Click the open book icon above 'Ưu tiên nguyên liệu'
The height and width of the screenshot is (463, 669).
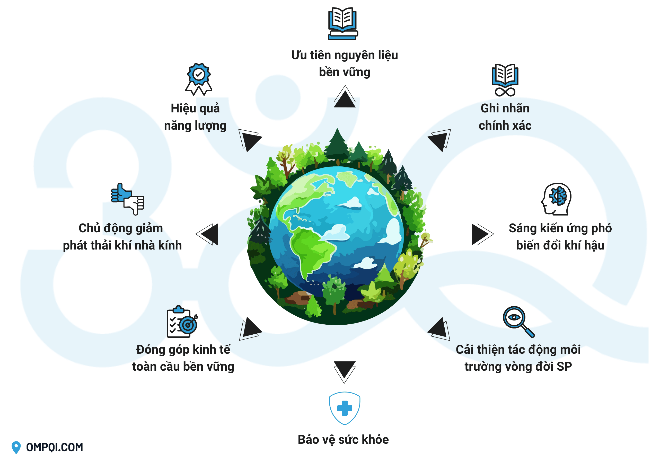click(343, 23)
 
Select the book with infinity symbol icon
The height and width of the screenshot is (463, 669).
click(505, 80)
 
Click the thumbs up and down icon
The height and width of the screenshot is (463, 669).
click(128, 199)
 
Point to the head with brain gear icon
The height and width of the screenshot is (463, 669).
click(556, 199)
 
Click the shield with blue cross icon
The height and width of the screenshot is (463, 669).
click(344, 408)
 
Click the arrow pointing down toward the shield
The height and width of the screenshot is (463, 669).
click(344, 370)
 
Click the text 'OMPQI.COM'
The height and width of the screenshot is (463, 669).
click(55, 447)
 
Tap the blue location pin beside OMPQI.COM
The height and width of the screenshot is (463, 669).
click(16, 447)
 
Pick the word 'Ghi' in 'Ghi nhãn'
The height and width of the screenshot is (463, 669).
click(489, 109)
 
